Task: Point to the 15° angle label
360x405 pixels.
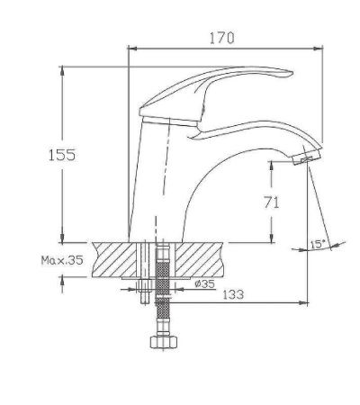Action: click(318, 244)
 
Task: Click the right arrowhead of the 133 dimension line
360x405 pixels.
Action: click(307, 302)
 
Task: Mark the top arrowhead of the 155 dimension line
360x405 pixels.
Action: click(62, 69)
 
